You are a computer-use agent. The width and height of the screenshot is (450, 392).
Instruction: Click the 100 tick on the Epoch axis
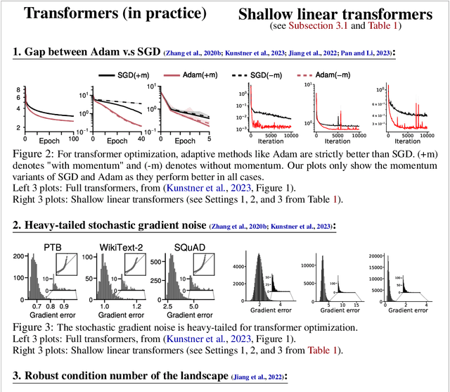coord(70,132)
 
